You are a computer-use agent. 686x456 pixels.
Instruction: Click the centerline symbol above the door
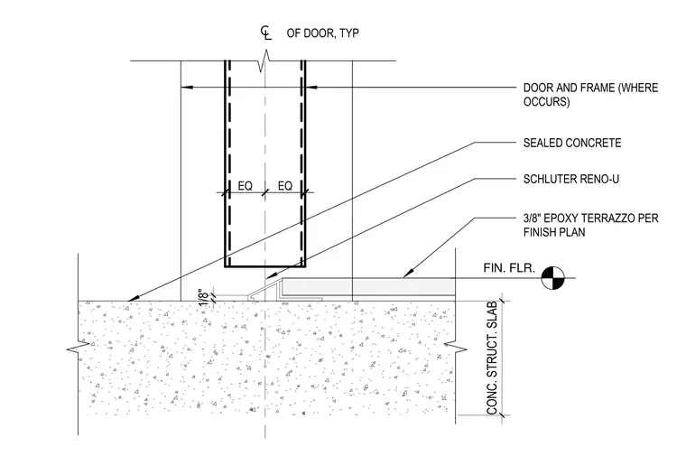[266, 33]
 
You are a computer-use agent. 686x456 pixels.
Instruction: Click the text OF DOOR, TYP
[323, 33]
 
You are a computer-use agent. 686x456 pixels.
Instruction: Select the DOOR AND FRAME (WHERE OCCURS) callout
[590, 95]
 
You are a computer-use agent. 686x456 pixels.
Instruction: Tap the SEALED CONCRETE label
[571, 143]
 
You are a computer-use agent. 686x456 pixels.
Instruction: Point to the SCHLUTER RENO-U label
[571, 179]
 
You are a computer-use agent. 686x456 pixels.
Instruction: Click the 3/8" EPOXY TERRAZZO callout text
[590, 225]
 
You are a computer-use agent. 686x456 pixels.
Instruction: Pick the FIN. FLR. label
[509, 268]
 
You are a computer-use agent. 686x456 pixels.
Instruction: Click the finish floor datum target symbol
[553, 277]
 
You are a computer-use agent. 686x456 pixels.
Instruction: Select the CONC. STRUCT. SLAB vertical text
[492, 358]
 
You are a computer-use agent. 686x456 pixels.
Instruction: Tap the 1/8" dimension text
[204, 298]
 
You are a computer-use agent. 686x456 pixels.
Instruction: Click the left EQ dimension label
[245, 186]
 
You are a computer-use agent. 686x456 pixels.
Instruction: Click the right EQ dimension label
[285, 186]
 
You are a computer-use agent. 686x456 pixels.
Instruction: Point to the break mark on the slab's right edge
[456, 349]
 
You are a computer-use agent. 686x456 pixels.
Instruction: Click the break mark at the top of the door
[265, 61]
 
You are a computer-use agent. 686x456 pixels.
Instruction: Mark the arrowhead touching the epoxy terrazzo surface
[406, 274]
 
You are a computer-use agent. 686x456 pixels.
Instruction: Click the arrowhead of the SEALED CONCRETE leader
[132, 299]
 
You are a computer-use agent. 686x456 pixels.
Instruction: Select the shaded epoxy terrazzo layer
[368, 287]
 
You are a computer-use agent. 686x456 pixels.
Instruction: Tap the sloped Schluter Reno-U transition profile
[265, 289]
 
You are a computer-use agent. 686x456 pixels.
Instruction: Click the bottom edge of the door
[265, 266]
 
